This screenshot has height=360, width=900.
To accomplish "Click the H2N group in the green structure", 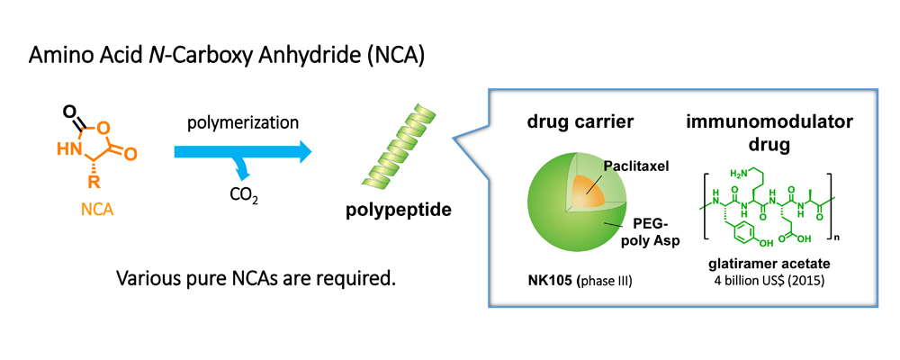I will tap(739, 173).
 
